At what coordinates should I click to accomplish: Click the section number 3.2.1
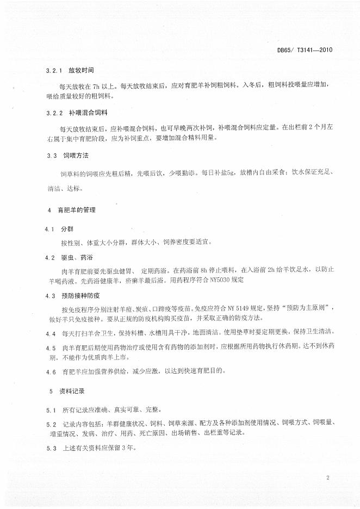(x=55, y=71)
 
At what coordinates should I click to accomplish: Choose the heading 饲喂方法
(x=75, y=155)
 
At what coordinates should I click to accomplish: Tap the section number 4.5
(x=51, y=347)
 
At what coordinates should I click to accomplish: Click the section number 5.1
(x=51, y=409)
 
